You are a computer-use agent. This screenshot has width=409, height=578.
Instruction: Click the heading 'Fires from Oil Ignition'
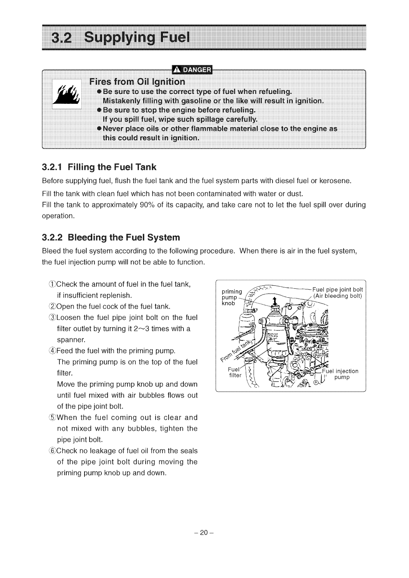[137, 82]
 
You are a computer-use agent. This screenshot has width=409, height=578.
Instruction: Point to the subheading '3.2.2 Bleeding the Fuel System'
[111, 237]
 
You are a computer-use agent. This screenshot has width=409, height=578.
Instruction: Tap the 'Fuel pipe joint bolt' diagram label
[338, 290]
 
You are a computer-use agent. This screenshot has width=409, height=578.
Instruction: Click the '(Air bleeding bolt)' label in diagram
[338, 296]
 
